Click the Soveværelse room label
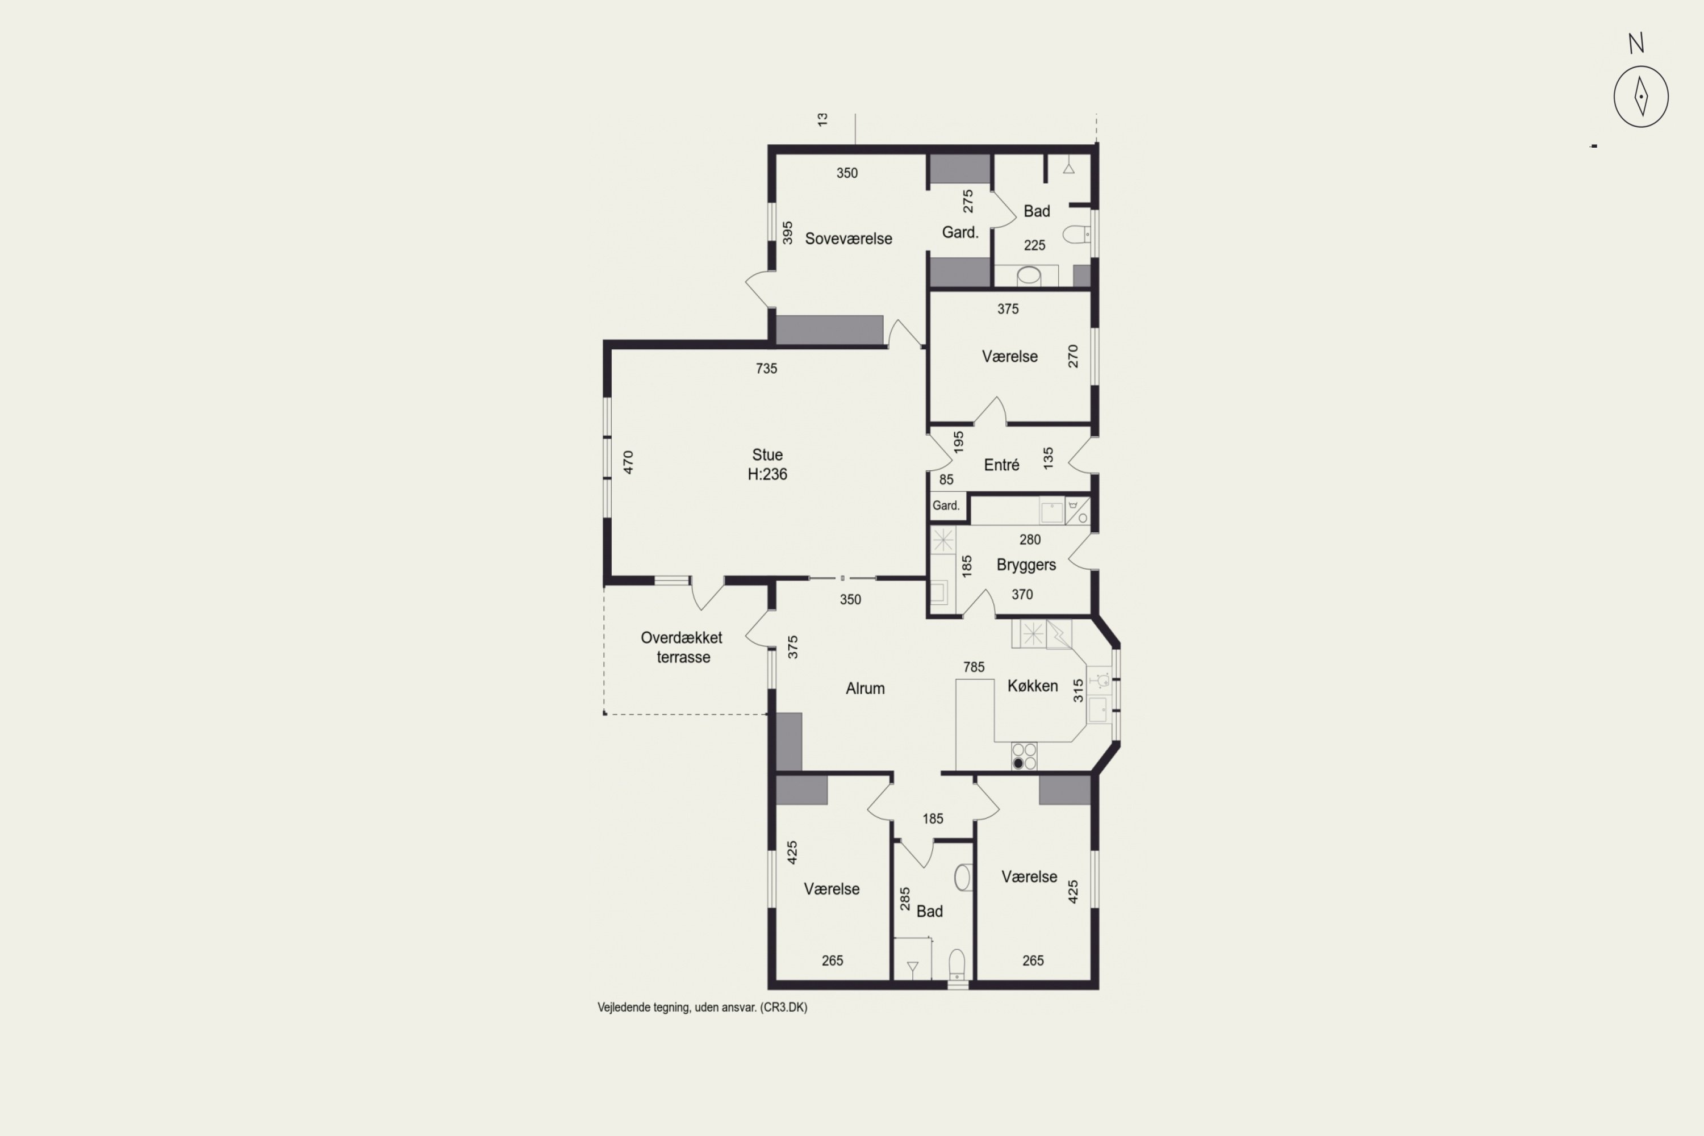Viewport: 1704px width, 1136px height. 849,239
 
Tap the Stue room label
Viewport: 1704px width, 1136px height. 767,455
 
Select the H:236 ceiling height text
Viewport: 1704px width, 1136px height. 767,474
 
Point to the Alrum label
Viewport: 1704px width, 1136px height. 865,688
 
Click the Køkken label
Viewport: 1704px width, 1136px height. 1033,686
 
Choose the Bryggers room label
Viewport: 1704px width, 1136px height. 1026,565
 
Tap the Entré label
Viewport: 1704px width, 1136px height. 1001,465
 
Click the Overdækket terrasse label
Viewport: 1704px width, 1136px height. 682,648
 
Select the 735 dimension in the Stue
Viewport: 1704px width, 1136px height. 766,369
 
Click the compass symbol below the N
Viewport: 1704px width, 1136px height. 1641,97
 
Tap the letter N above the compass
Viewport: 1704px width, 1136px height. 1636,44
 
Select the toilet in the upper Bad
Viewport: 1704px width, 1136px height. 1076,234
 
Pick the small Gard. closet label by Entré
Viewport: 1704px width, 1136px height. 946,506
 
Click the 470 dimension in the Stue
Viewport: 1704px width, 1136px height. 628,462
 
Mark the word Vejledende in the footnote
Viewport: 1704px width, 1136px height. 624,1008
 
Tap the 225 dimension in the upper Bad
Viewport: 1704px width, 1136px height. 1034,245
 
